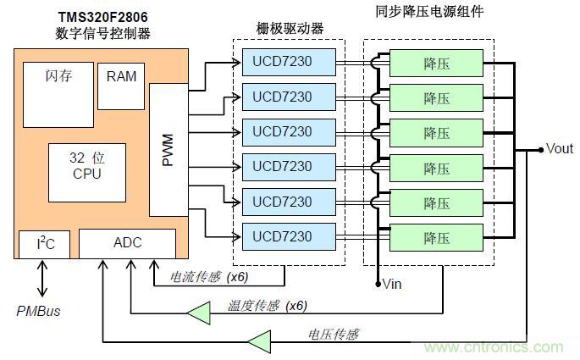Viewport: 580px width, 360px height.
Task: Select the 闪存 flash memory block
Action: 57,93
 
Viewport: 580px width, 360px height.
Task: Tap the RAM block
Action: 121,77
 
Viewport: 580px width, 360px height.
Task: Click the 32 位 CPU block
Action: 86,166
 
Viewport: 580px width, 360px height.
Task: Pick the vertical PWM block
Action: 168,150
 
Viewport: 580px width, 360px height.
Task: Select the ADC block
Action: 128,243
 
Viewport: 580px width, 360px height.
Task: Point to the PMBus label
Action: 39,311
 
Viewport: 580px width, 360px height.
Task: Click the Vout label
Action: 560,149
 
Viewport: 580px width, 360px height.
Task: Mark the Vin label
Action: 392,284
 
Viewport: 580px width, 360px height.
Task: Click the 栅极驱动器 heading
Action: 290,29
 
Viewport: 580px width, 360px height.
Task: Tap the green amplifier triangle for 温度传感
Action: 198,315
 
